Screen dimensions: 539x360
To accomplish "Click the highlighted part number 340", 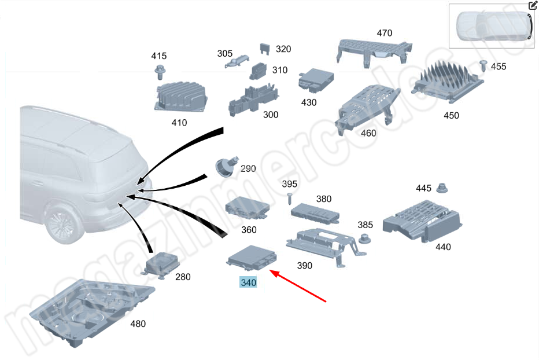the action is [248, 282].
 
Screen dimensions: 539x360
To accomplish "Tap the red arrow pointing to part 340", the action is [298, 286].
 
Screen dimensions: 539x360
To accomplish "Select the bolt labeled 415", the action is [160, 72].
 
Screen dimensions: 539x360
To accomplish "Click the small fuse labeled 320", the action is [264, 48].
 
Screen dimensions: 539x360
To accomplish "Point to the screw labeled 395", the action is [289, 199].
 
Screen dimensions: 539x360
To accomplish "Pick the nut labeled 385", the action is [364, 238].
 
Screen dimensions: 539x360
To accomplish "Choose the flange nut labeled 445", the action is [442, 188].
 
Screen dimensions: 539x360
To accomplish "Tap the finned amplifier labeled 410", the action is [180, 97].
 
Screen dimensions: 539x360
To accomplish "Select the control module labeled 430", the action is [316, 80].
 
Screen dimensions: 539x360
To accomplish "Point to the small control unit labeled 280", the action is [160, 265].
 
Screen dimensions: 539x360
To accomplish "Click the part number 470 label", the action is [385, 33].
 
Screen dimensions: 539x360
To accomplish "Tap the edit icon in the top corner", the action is [533, 5].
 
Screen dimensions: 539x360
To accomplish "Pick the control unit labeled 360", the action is [247, 208].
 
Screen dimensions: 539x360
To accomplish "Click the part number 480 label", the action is [138, 324].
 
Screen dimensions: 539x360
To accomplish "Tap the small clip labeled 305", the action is [237, 61].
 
